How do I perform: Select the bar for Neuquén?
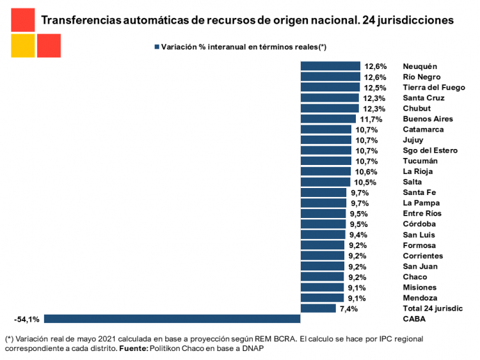tap(330, 66)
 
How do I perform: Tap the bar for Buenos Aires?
tap(328, 119)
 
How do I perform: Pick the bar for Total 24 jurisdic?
tap(317, 308)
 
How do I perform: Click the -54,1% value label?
tap(27, 318)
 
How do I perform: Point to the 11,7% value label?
tap(371, 119)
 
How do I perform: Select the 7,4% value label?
tap(349, 308)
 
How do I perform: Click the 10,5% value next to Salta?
tap(366, 182)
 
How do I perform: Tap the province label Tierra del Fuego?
tap(433, 88)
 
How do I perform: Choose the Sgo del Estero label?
tap(430, 150)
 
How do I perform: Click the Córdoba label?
tap(419, 224)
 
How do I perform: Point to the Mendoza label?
tap(420, 298)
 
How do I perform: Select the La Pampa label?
tap(420, 203)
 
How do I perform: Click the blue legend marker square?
tap(156, 47)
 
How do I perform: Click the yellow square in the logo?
tap(22, 46)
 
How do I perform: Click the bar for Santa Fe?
tap(323, 192)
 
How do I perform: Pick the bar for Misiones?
tap(322, 287)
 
